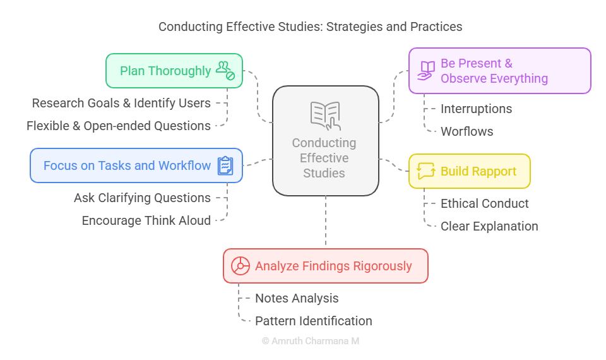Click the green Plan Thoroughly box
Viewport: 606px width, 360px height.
[x=174, y=71]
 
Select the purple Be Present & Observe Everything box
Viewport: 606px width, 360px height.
[x=500, y=71]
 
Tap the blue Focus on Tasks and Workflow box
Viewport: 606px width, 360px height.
[x=136, y=165]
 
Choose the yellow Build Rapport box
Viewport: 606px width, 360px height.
[x=470, y=171]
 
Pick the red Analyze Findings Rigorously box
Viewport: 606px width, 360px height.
[x=326, y=266]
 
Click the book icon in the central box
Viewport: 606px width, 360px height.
[x=326, y=116]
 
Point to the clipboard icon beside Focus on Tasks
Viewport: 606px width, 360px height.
[x=225, y=165]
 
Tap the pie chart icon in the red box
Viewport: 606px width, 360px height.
[x=241, y=266]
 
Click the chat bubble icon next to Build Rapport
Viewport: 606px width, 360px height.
[x=426, y=171]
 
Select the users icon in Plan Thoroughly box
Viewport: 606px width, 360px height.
[x=225, y=70]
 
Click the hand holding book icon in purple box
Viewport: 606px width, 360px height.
[x=426, y=71]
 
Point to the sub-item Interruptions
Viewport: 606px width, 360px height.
[x=476, y=109]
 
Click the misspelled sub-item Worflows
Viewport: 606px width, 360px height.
[x=467, y=131]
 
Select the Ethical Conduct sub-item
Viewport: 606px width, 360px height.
[x=485, y=203]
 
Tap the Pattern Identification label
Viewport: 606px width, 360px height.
[x=314, y=321]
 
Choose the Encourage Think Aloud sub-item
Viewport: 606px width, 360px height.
[x=146, y=220]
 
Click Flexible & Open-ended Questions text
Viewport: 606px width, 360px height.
[x=119, y=126]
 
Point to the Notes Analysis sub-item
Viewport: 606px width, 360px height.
[x=297, y=298]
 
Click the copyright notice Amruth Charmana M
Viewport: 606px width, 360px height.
[x=311, y=341]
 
